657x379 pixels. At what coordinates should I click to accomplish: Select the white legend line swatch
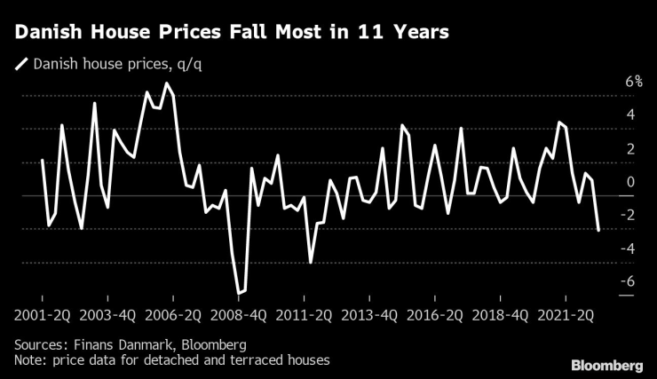click(21, 64)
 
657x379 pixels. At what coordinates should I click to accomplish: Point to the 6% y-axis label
click(608, 81)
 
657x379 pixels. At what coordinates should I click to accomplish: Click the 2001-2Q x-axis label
click(41, 314)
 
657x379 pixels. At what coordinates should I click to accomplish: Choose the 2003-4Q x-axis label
click(107, 314)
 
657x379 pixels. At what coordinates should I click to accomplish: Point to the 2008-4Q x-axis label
click(238, 314)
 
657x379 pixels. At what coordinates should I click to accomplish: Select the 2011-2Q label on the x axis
click(304, 314)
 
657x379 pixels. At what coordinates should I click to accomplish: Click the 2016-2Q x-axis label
click(435, 314)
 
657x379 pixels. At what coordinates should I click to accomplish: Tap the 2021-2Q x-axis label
click(566, 314)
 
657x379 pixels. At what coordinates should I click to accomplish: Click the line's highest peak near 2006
click(166, 83)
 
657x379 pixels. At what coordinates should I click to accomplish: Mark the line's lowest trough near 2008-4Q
click(238, 293)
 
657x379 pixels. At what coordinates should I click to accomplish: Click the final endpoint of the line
click(598, 231)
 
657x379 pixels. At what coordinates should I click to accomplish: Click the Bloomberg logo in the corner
click(606, 365)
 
